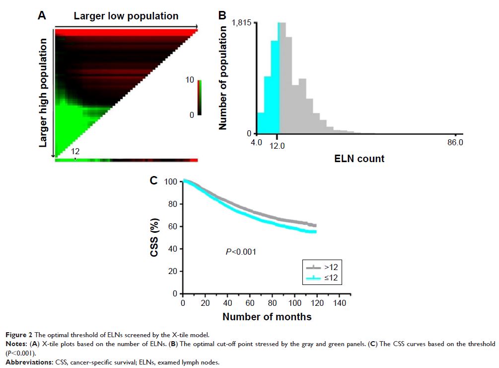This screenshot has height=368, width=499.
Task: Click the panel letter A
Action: (42, 15)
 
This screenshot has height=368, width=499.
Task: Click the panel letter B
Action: (223, 15)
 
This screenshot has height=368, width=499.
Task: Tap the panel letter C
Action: (154, 180)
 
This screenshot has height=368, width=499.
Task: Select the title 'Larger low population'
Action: (126, 16)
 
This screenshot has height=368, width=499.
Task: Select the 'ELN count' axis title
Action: (359, 159)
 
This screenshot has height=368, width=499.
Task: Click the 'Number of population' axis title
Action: (222, 78)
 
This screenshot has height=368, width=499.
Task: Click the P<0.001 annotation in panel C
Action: (241, 252)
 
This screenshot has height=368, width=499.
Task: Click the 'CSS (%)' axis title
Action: (155, 237)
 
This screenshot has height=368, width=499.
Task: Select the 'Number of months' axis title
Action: (267, 317)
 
